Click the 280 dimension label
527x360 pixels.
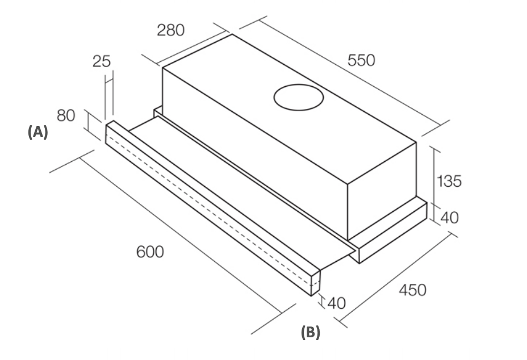(x=171, y=30)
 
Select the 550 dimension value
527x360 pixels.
(x=361, y=61)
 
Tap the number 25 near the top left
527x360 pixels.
(x=102, y=61)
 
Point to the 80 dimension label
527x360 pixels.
(x=66, y=116)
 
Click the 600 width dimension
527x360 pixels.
(x=150, y=252)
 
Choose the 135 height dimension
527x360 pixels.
(x=449, y=181)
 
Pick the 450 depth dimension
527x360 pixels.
(x=412, y=290)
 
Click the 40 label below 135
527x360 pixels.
(x=449, y=218)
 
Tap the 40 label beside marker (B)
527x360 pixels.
(x=336, y=303)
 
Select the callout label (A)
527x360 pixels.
(x=38, y=132)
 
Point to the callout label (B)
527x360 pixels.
(x=311, y=332)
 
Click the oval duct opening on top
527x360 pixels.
(x=299, y=98)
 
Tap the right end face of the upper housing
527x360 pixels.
(x=382, y=191)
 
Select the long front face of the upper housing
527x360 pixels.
(x=254, y=153)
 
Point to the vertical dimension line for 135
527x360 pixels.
(x=436, y=176)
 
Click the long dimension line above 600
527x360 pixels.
(x=181, y=235)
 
